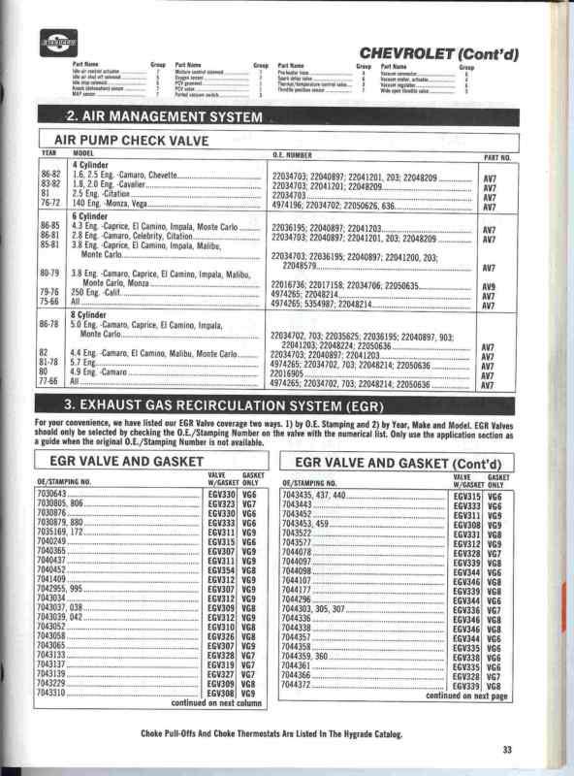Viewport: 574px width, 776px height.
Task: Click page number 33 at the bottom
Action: coord(507,748)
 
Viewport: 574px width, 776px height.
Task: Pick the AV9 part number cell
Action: coord(490,287)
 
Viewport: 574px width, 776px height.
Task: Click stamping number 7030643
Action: coord(54,495)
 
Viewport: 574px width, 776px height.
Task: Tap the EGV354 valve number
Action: coord(222,571)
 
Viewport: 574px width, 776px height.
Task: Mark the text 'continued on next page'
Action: coord(466,695)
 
